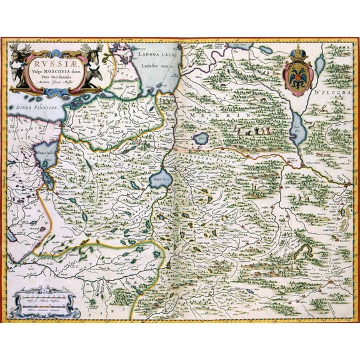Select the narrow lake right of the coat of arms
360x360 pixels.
click(x=320, y=62)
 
